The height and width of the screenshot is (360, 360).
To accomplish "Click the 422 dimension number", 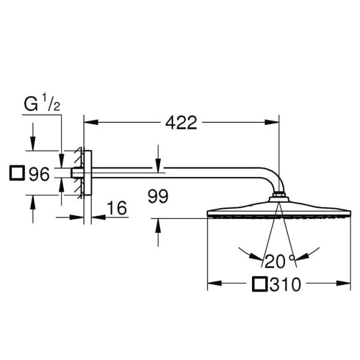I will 181,123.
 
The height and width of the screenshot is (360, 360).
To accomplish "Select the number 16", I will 118,208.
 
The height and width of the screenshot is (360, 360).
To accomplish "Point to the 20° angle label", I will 279,261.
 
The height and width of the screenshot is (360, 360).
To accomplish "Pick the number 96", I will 38,175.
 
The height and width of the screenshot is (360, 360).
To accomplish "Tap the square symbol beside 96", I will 18,174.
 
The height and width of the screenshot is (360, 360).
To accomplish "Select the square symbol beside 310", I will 259,284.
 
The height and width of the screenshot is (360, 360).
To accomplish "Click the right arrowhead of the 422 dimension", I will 275,123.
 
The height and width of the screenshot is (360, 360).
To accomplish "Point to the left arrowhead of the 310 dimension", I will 212,284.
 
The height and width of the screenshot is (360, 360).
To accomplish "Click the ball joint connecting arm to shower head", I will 279,196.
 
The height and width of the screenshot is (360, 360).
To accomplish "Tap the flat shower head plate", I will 279,212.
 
